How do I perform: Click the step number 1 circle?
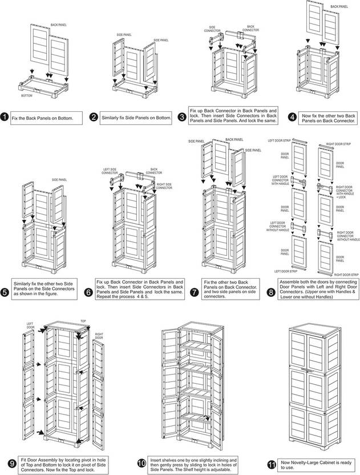(5, 118)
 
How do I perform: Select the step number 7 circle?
(194, 292)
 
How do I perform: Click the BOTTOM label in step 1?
(26, 96)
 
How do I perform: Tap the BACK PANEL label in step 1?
(58, 25)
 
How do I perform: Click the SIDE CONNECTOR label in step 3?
(212, 27)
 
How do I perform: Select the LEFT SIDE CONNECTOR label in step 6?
(110, 171)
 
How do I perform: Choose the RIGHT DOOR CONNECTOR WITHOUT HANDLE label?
(347, 236)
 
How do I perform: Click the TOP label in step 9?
(83, 321)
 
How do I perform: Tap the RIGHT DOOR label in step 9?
(99, 336)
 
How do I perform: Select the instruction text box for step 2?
(136, 118)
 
